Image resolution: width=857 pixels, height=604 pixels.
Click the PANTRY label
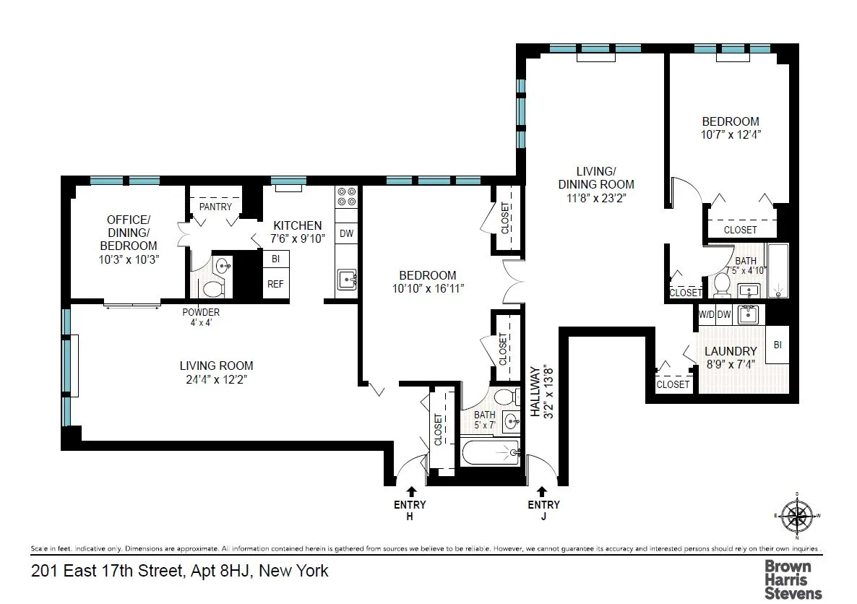[x=215, y=207]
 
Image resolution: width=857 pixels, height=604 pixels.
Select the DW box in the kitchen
[x=346, y=233]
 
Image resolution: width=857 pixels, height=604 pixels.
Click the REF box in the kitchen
[x=275, y=284]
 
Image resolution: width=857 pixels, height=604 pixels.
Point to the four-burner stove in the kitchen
[x=346, y=197]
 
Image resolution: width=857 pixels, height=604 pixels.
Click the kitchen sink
[x=346, y=278]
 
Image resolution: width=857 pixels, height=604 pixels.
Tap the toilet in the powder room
[x=212, y=288]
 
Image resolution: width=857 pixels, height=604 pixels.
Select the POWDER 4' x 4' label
[x=201, y=317]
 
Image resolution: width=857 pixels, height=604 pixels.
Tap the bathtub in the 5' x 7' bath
[x=491, y=452]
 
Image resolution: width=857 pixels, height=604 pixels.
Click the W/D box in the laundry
[x=706, y=315]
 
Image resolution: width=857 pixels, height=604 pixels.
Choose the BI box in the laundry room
[x=778, y=345]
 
